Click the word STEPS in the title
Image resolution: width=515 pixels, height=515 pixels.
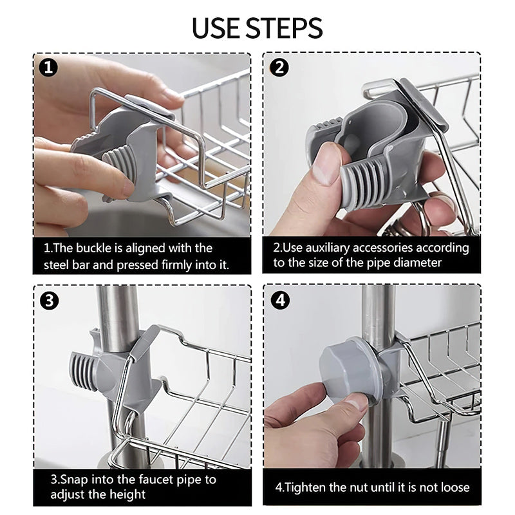(285, 28)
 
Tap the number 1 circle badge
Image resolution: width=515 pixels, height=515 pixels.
(48, 68)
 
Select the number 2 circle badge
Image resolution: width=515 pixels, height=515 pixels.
(279, 68)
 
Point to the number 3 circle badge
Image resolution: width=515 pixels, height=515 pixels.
(50, 301)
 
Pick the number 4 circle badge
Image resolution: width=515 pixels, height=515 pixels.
(281, 300)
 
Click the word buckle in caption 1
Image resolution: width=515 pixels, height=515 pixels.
(93, 248)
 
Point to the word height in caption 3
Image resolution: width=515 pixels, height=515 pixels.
(127, 494)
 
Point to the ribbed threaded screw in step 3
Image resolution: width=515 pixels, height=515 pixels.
(84, 370)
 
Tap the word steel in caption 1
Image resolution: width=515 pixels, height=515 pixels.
(57, 265)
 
